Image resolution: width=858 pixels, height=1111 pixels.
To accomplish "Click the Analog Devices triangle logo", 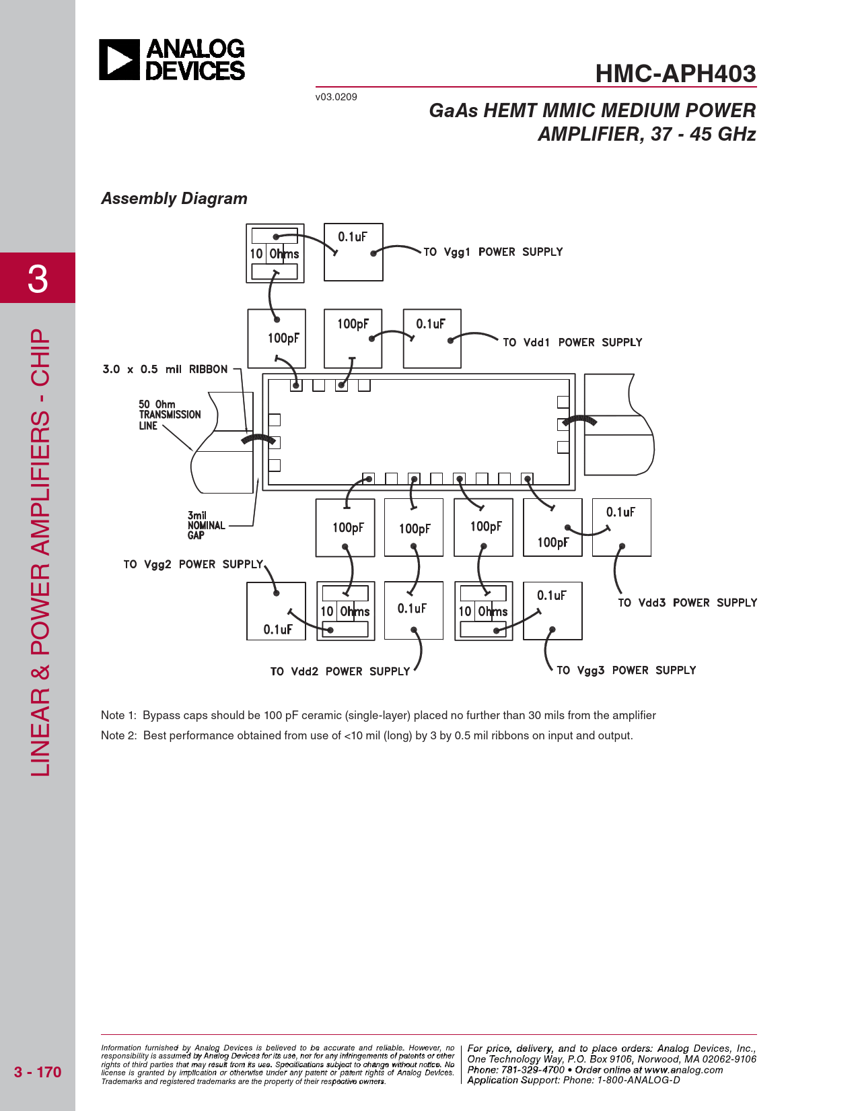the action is (x=119, y=59).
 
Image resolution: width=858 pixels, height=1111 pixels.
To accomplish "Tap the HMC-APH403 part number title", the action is (x=675, y=73).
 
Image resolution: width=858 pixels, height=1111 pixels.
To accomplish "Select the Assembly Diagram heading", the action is (x=174, y=199).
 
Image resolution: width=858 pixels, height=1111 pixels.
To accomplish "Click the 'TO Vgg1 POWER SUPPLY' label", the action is (x=493, y=252).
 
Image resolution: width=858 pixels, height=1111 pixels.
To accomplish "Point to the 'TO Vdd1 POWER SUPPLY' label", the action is (x=573, y=342).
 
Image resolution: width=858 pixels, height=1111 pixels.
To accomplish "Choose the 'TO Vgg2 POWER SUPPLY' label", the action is (x=193, y=564).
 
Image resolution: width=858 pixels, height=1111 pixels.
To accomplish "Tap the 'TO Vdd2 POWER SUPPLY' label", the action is (x=340, y=671).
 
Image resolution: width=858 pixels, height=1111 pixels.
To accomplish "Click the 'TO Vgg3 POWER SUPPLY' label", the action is (x=626, y=670).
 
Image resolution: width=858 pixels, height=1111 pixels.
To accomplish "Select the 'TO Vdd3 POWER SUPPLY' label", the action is (x=687, y=602).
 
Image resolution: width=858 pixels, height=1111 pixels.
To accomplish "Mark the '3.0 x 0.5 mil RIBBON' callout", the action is (x=165, y=369).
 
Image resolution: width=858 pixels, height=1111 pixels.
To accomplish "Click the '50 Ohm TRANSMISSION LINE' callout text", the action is (x=170, y=415).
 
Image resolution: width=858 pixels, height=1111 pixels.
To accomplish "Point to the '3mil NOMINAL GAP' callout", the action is (x=206, y=525).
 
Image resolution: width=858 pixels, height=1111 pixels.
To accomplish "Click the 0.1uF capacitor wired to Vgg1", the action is (x=353, y=252).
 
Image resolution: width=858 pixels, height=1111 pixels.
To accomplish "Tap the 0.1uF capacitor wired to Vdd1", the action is (x=432, y=339).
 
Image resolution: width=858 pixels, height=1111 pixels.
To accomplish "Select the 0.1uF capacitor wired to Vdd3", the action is (x=621, y=527).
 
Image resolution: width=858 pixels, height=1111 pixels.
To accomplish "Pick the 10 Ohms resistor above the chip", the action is (x=275, y=253).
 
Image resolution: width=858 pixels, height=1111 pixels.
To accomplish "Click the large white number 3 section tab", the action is (x=38, y=279).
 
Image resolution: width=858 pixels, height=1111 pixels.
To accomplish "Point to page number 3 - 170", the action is (x=38, y=1072).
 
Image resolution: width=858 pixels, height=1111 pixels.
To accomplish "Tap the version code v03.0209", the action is (x=336, y=97).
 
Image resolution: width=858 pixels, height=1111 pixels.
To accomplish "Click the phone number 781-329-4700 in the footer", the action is (x=532, y=1069).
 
